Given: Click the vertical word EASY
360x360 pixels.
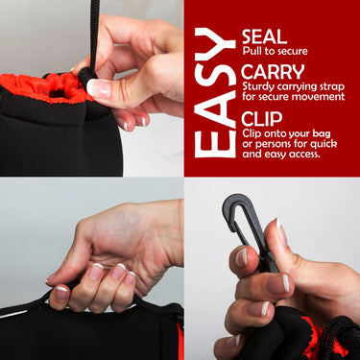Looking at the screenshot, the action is tap(215, 92).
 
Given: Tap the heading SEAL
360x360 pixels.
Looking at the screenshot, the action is tap(264, 36).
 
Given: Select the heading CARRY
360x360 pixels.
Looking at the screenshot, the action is tap(273, 72).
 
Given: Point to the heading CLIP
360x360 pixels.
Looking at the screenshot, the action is tap(262, 119).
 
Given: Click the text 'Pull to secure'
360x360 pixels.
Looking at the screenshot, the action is tap(275, 51).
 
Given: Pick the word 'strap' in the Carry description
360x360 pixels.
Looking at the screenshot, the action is tap(332, 87).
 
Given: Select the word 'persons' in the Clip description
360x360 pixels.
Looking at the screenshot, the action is tap(271, 144).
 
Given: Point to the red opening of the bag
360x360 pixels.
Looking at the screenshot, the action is tap(48, 88).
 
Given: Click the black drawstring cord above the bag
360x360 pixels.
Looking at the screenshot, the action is tap(94, 36).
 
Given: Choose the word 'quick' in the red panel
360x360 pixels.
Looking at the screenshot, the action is tap(324, 144).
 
